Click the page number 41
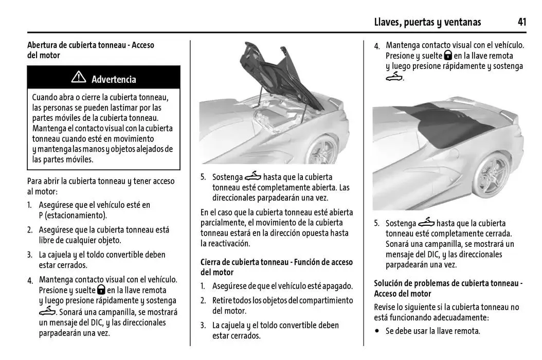click(522, 22)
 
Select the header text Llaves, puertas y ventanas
click(427, 22)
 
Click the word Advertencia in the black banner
click(114, 79)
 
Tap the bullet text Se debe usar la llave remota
click(432, 331)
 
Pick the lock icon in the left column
click(101, 290)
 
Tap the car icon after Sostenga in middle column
click(253, 177)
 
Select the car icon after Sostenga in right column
click(426, 223)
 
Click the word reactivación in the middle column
click(227, 243)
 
